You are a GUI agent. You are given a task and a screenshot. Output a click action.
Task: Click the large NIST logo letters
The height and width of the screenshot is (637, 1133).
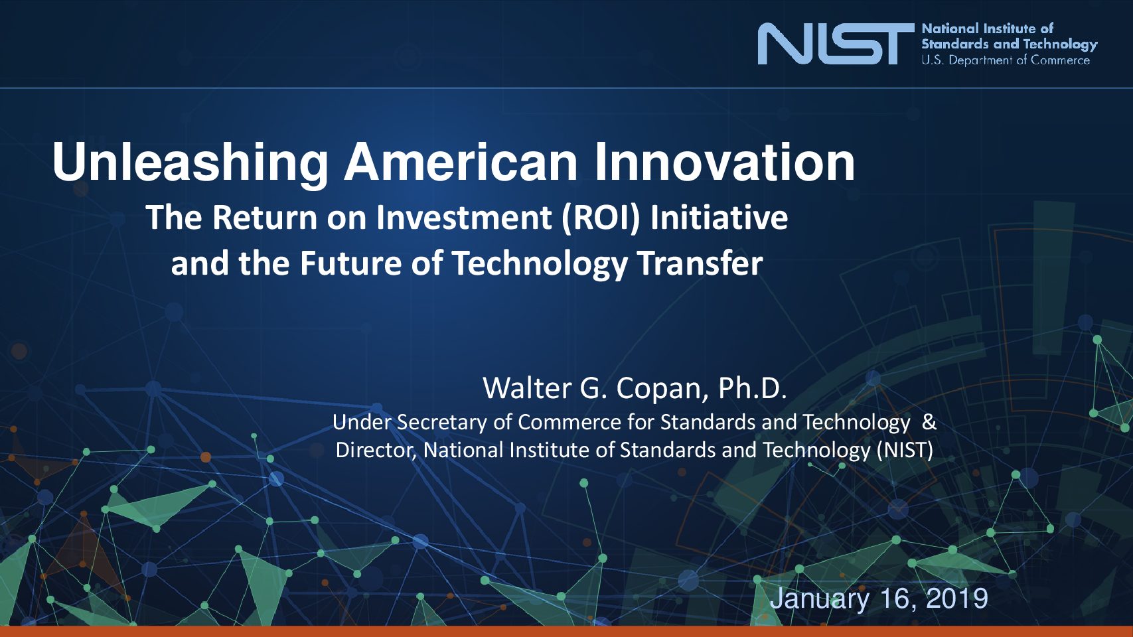(836, 44)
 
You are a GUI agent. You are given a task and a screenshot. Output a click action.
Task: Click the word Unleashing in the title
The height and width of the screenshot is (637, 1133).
(190, 163)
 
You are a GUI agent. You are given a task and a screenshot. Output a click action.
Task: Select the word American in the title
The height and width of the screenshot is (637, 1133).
(460, 162)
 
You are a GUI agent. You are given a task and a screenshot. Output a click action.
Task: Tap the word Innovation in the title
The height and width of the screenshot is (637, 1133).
(724, 162)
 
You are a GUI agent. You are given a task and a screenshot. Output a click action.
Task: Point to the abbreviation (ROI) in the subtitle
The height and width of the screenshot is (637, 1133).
(601, 218)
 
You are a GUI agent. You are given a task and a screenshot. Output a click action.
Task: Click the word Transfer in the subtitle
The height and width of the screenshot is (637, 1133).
(700, 263)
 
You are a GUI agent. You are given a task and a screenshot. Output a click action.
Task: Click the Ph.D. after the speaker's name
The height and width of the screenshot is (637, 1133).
(752, 388)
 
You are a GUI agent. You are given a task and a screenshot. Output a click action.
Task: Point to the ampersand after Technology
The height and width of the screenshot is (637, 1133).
(929, 422)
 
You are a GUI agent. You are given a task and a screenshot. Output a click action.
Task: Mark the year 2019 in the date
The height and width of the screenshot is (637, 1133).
(957, 599)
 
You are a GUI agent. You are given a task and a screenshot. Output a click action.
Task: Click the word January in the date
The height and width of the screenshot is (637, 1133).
(820, 600)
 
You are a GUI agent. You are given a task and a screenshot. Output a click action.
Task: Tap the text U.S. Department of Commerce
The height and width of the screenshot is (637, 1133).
(1006, 60)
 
